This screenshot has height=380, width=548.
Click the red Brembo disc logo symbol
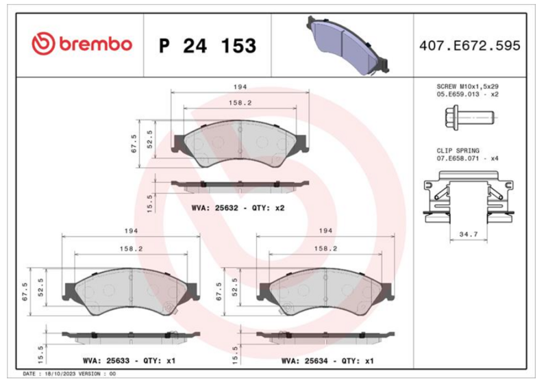[x=43, y=44]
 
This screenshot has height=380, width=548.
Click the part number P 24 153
[x=208, y=46]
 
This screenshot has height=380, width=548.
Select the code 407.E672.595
[x=470, y=46]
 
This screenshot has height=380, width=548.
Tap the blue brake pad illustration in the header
[x=347, y=45]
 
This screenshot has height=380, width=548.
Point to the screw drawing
[x=470, y=118]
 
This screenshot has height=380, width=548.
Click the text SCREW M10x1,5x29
[x=467, y=86]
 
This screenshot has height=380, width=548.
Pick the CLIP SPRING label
[x=458, y=151]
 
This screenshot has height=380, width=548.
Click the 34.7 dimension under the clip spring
[x=469, y=234]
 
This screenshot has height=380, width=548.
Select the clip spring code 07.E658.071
[x=458, y=159]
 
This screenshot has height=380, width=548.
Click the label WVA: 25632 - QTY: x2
[x=238, y=208]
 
